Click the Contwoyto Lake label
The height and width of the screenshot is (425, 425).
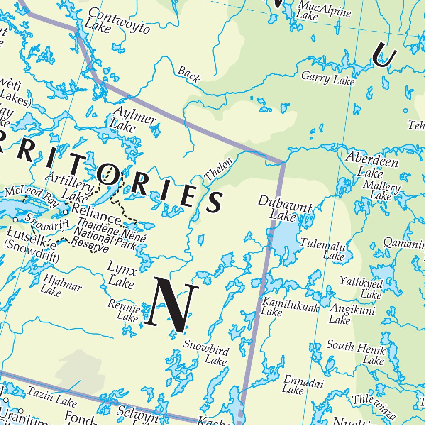pyautogui.click(x=117, y=21)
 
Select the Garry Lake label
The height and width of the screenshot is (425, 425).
pyautogui.click(x=328, y=78)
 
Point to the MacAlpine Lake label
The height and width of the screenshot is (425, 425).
pyautogui.click(x=324, y=10)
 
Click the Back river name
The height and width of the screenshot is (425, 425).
pyautogui.click(x=189, y=74)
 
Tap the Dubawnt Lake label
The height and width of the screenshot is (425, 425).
pyautogui.click(x=284, y=208)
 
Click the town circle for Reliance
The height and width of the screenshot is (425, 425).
pyautogui.click(x=66, y=212)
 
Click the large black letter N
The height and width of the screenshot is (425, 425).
pyautogui.click(x=171, y=305)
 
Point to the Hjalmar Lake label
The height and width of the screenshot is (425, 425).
pyautogui.click(x=62, y=285)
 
